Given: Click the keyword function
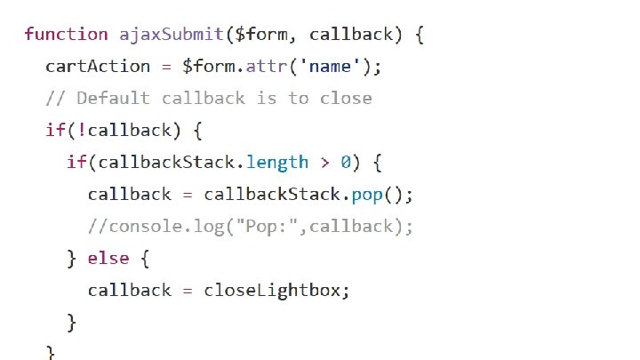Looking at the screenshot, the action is [66, 35].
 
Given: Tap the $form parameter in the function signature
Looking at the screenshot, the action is [260, 35].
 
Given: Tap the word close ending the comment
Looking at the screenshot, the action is [346, 98].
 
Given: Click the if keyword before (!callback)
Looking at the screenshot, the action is [55, 131].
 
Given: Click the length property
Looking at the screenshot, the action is [277, 163].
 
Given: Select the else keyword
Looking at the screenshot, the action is [108, 259].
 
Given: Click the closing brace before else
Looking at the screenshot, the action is [71, 259].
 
